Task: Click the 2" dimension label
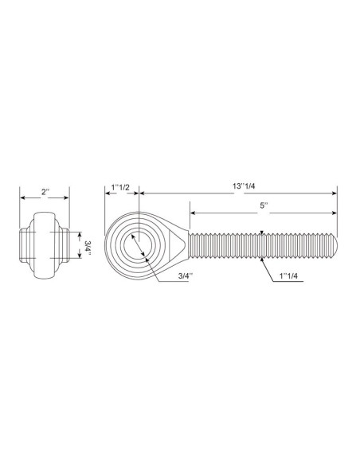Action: tap(45, 192)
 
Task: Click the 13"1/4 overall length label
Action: tap(244, 186)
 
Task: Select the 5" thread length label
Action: tap(264, 205)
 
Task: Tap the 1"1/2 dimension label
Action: tap(120, 187)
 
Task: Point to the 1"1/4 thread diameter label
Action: tap(288, 276)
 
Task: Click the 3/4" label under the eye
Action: tap(186, 275)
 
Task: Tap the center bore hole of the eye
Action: tap(138, 245)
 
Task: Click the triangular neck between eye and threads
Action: tap(178, 245)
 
